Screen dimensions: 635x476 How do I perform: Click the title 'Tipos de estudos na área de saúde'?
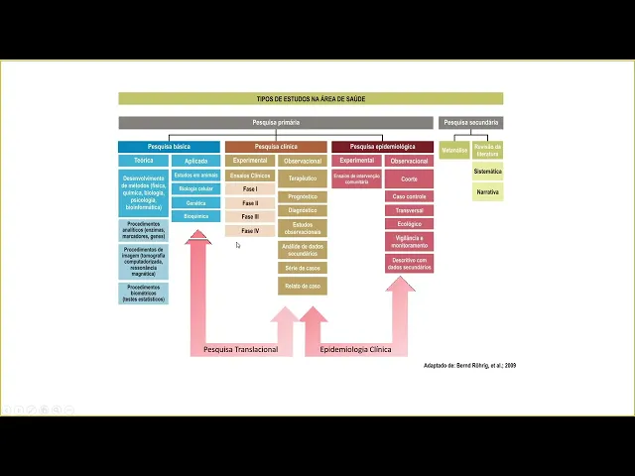[311, 99]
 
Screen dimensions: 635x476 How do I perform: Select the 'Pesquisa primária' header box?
[275, 123]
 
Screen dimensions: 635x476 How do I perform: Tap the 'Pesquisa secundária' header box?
[470, 123]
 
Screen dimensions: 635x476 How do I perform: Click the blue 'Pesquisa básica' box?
[169, 147]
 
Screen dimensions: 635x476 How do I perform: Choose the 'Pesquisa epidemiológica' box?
[382, 147]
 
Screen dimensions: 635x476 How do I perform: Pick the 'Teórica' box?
[143, 161]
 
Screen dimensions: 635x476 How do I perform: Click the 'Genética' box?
[195, 202]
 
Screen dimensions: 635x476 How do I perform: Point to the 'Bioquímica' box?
[195, 216]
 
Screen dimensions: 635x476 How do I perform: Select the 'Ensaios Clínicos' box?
[249, 176]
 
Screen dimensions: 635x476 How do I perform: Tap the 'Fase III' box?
[249, 216]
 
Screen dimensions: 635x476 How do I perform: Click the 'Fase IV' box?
[249, 231]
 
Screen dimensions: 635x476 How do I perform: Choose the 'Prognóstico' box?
[302, 196]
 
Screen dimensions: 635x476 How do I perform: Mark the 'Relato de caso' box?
[302, 286]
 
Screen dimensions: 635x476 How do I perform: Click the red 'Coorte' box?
[409, 178]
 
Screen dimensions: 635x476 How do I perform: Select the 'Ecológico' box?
[409, 224]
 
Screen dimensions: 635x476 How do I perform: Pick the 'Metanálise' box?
[454, 151]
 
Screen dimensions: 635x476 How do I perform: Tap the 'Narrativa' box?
[487, 191]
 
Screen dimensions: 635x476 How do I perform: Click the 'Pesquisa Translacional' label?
[240, 350]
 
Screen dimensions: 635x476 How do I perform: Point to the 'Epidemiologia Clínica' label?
[355, 350]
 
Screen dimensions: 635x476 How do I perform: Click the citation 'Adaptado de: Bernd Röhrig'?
[469, 365]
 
